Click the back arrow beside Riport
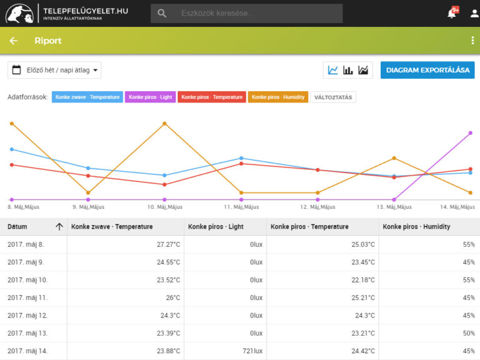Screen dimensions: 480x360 click(14, 41)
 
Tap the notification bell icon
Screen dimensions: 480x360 click(451, 14)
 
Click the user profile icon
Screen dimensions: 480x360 click(474, 14)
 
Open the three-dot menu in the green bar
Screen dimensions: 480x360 click(472, 41)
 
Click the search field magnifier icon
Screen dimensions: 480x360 click(162, 13)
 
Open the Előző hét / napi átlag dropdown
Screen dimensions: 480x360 click(54, 70)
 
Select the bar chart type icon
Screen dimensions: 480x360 click(347, 70)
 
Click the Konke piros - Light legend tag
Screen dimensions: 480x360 click(150, 97)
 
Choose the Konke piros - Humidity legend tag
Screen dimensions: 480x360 click(278, 97)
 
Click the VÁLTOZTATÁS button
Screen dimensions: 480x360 click(333, 97)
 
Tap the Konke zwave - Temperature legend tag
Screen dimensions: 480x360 click(87, 97)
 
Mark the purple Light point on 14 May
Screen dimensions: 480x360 click(471, 133)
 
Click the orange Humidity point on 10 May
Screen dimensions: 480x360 click(165, 124)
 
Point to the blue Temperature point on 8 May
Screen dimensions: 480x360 click(12, 149)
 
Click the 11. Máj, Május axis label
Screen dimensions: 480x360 click(241, 207)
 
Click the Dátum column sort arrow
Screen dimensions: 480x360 click(59, 226)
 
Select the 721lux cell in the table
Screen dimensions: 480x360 click(252, 351)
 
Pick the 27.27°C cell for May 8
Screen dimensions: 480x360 click(168, 244)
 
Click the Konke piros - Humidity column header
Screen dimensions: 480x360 click(416, 226)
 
